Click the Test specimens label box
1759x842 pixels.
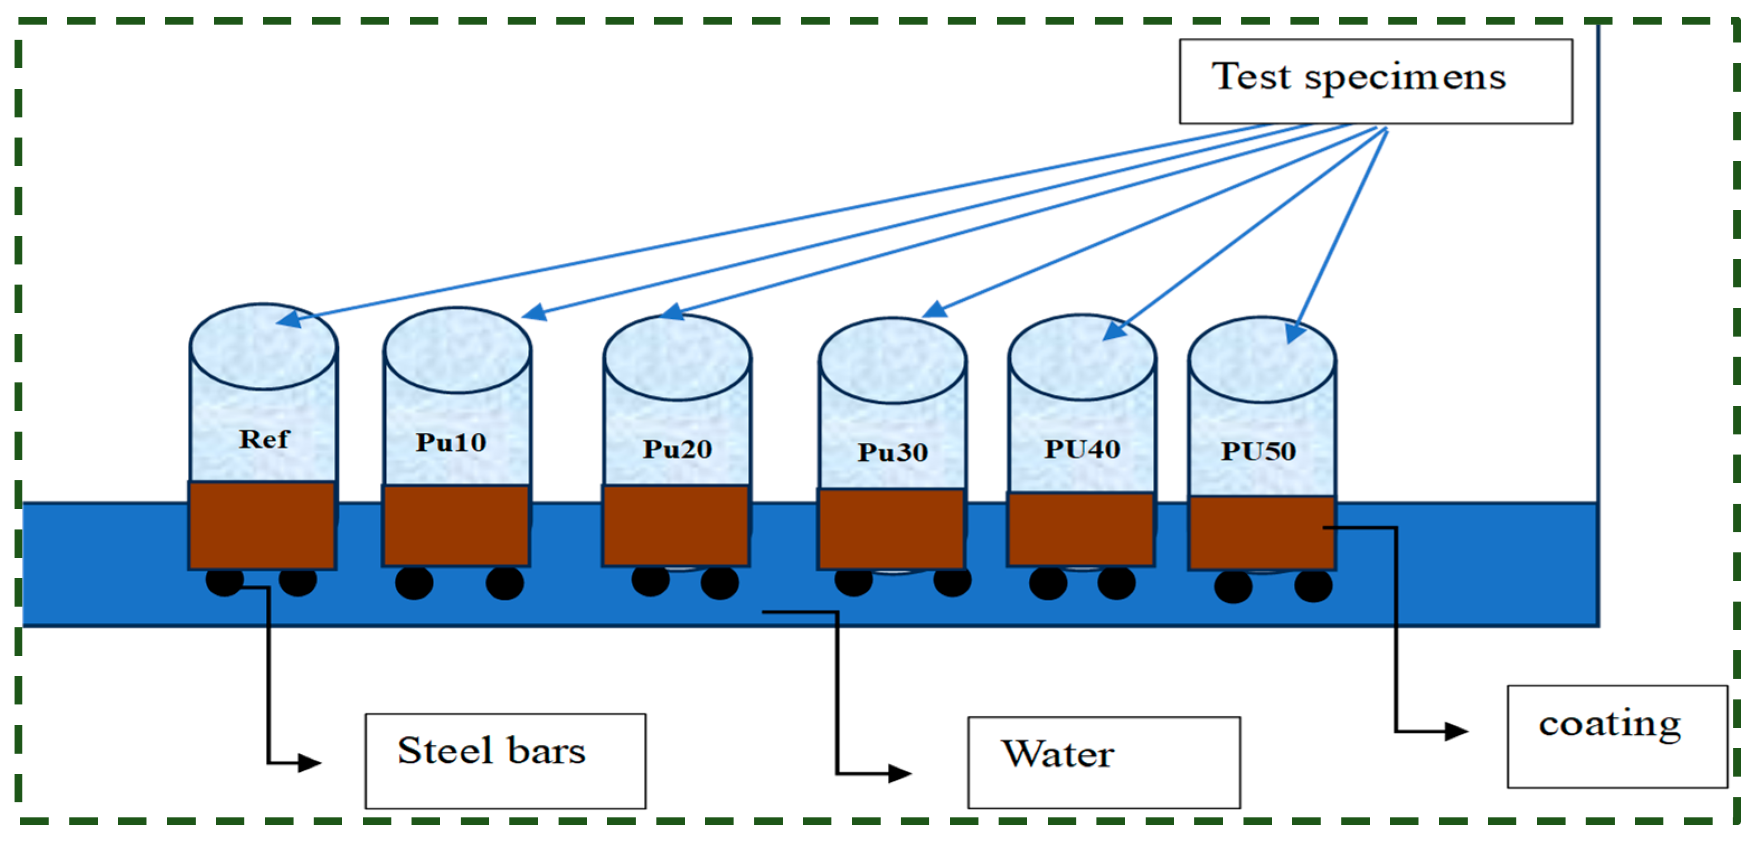point(1375,81)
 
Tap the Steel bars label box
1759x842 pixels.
point(505,761)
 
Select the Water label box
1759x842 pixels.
point(1104,762)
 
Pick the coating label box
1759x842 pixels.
point(1618,736)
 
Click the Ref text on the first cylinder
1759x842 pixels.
point(263,438)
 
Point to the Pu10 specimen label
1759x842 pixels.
point(451,442)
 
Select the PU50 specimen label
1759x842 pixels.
point(1258,451)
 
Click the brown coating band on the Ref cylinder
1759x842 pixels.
point(262,525)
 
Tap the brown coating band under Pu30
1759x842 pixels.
point(892,528)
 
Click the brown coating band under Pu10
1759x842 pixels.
point(456,525)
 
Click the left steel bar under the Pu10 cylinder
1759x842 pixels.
point(414,583)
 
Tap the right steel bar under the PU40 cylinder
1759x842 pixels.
point(1117,583)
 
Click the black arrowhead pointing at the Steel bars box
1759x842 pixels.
point(309,762)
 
